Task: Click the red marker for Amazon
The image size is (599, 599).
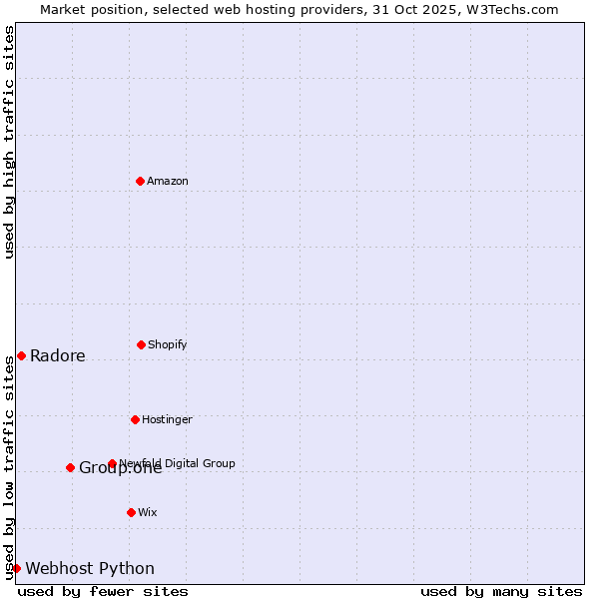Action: point(140,181)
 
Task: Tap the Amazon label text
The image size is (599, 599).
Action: point(168,181)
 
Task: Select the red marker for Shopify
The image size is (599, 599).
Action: point(141,344)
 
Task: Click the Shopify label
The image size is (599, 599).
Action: point(168,344)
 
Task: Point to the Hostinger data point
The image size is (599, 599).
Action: point(135,419)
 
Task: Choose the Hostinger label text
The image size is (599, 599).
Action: point(167,419)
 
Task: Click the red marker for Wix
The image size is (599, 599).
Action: point(131,512)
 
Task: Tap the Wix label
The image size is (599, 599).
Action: point(148,512)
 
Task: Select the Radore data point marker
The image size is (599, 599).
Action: point(21,355)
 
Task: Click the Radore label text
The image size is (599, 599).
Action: point(58,356)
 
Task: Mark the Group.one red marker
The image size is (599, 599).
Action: point(70,467)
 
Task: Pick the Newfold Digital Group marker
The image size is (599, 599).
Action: point(112,463)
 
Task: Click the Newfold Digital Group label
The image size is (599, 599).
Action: point(178,463)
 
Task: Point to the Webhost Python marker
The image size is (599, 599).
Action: point(16,568)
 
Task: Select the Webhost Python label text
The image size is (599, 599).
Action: point(90,569)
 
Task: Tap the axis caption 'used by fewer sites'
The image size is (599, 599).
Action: point(103,591)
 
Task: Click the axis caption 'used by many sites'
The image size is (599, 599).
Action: point(501,591)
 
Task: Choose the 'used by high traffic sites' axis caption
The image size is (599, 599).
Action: point(9,142)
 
